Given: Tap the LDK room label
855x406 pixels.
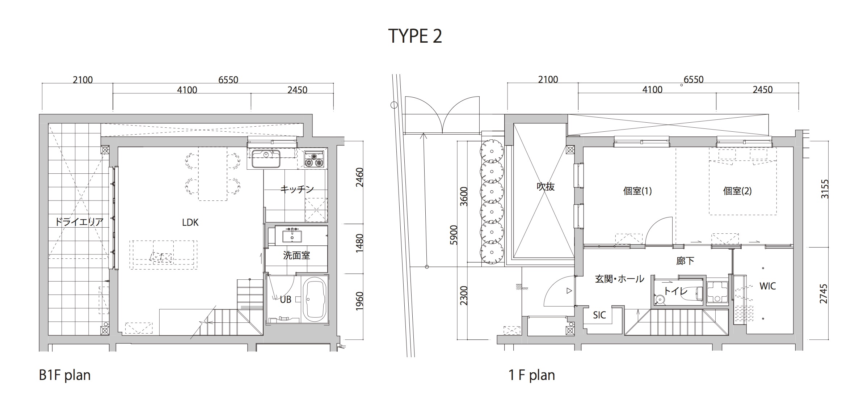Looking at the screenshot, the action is pos(190,223).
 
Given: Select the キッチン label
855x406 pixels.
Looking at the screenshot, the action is pos(297,189).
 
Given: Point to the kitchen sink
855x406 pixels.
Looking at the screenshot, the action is pos(266,159).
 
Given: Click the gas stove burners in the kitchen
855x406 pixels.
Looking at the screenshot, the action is pos(313,160).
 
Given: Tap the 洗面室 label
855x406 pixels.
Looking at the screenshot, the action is pos(296,255).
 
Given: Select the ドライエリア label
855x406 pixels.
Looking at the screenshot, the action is pos(79,222).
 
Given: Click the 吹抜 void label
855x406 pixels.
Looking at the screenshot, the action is pos(546,187).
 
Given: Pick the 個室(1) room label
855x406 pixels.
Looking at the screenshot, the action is pos(637,191).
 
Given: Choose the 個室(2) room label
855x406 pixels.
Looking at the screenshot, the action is pos(737,191).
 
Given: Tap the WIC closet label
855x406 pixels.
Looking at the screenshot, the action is pos(767,286).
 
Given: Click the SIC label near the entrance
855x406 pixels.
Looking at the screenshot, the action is pos(599,315).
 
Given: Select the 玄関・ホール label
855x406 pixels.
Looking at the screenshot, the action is pos(620,279).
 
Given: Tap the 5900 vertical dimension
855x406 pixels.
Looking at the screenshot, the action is pos(454,235).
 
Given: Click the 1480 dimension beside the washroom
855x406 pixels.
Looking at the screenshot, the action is pos(359,244).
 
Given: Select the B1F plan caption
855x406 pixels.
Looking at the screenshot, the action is pos(65,375).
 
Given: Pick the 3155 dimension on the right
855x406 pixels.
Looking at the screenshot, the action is pos(824,189).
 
